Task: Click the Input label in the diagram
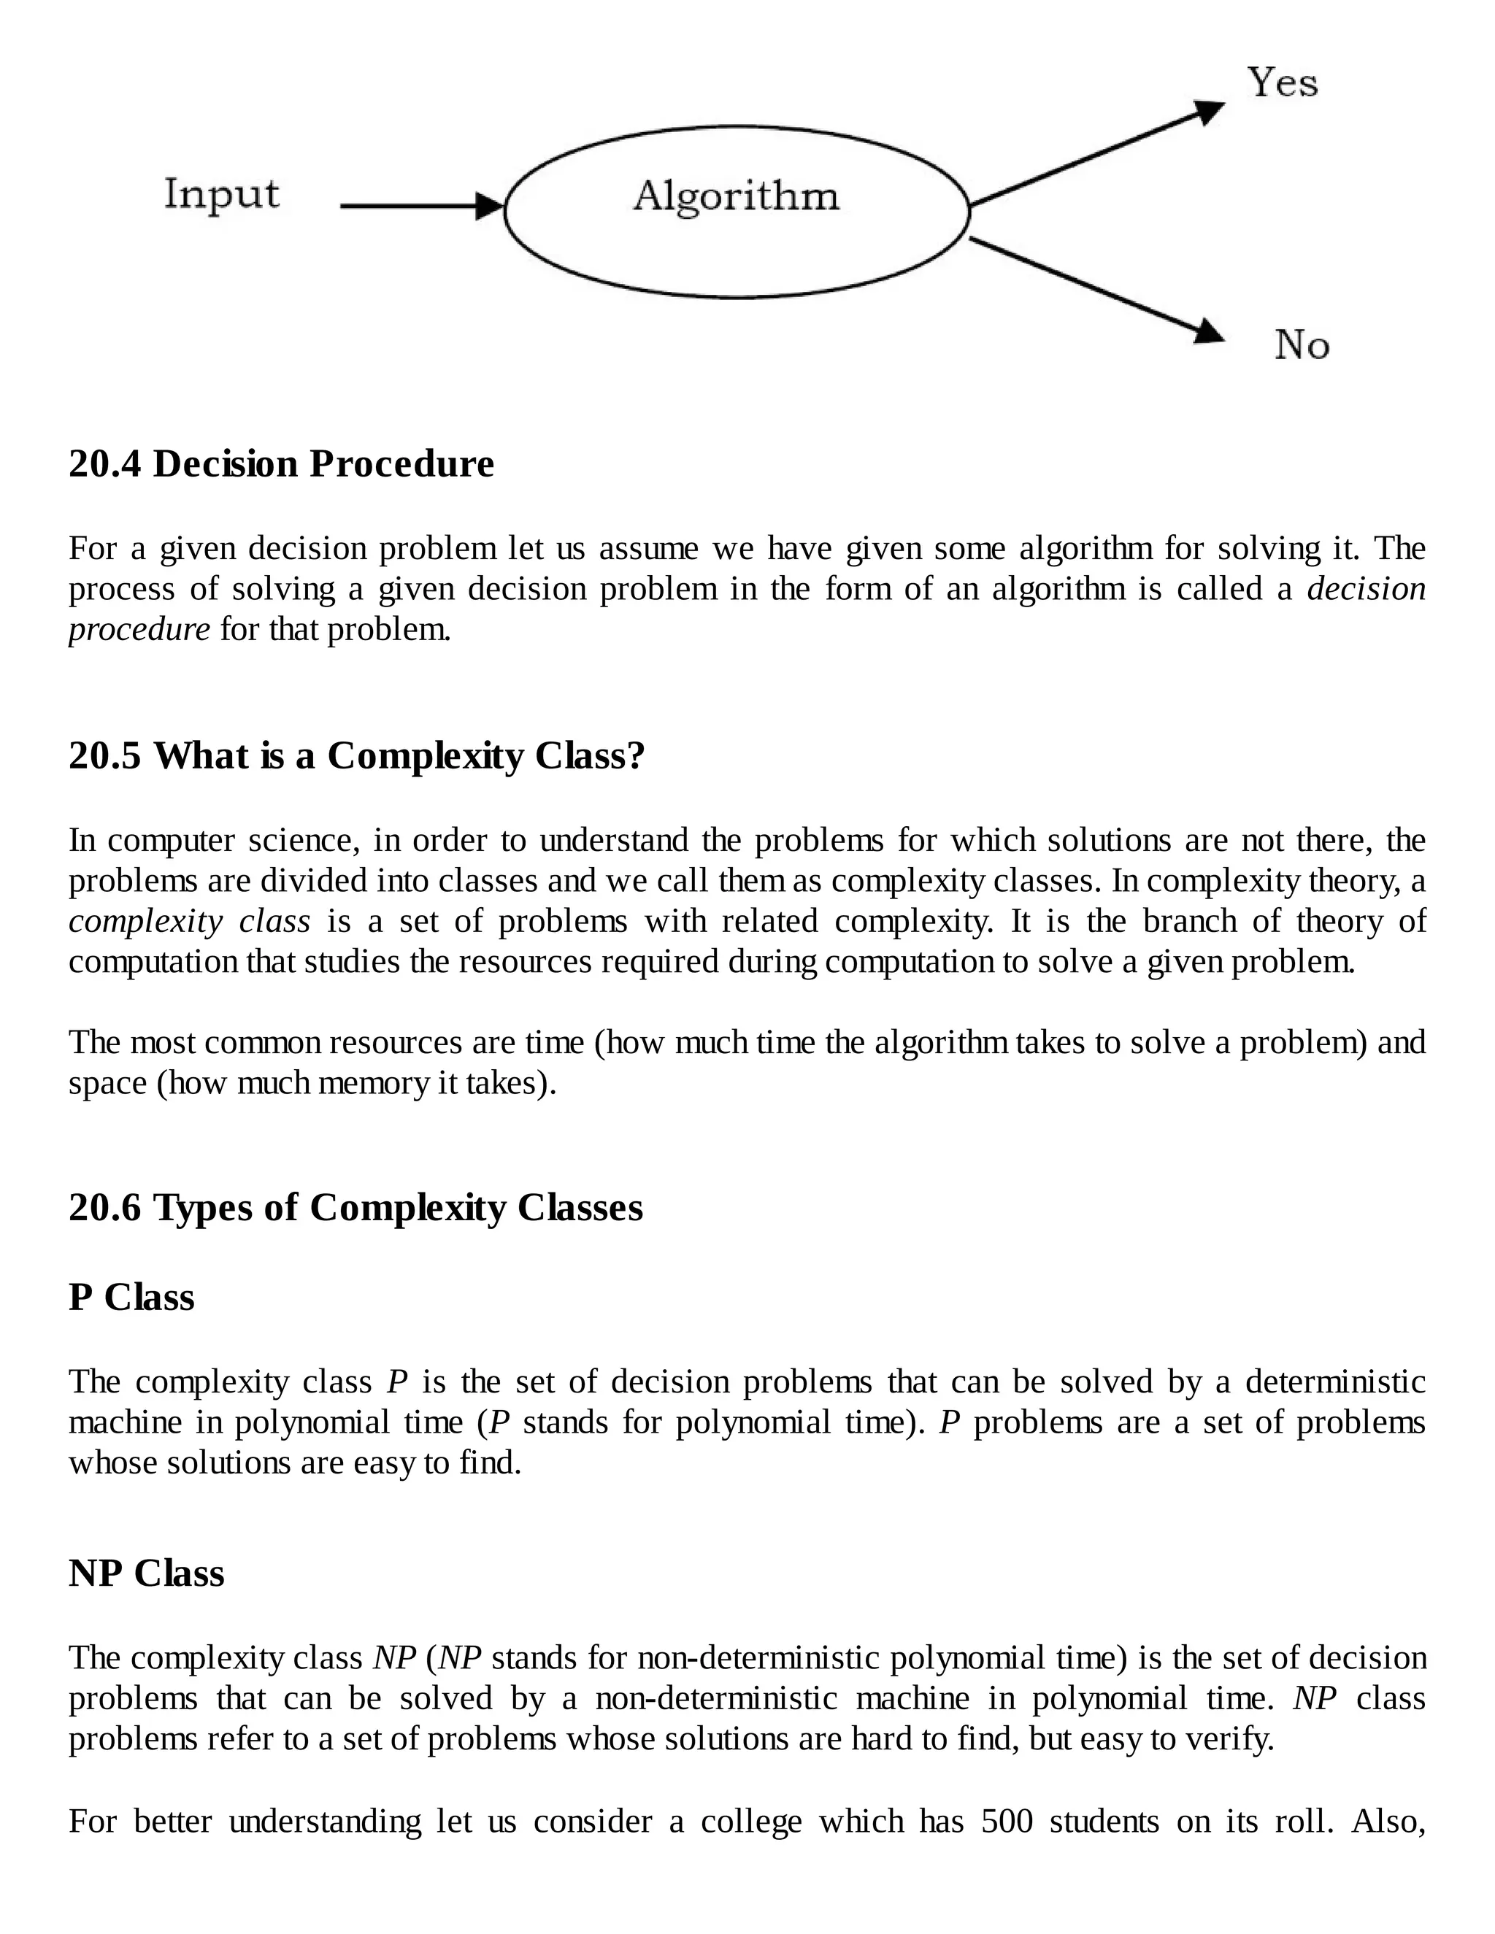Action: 221,195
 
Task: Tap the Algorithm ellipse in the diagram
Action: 736,211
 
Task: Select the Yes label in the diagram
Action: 1283,82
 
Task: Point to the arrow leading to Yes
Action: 1098,153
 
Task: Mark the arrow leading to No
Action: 1098,290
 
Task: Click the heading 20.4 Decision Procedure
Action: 281,464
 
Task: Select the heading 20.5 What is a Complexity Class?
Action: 356,755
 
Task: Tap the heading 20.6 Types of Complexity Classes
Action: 356,1207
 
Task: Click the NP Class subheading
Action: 146,1573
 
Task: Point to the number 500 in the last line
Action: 1007,1822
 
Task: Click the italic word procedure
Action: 139,630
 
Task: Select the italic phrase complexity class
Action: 190,921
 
